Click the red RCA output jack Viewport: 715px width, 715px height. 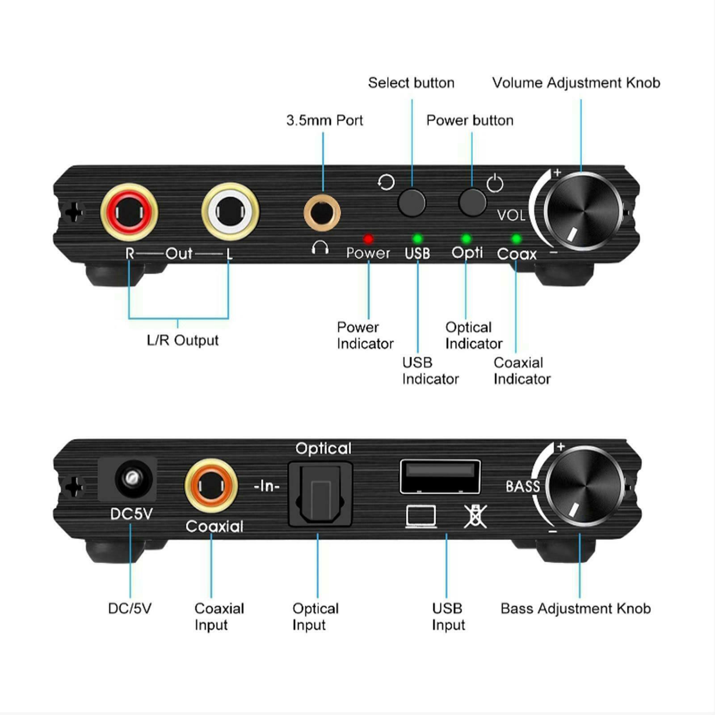click(x=129, y=212)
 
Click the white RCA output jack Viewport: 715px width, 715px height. click(x=230, y=212)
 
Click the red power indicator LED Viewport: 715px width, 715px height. click(x=368, y=239)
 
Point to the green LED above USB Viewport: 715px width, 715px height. click(x=417, y=238)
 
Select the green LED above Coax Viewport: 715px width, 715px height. click(x=516, y=239)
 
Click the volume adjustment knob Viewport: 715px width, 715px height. click(x=582, y=210)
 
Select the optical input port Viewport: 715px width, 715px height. click(x=320, y=494)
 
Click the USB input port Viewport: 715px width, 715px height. click(x=440, y=476)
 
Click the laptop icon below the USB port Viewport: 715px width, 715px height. click(x=421, y=516)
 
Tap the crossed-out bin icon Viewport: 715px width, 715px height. click(x=475, y=516)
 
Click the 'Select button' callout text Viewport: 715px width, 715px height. click(x=411, y=83)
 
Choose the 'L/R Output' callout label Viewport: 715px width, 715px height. click(x=182, y=340)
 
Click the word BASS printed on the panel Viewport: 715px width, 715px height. click(x=522, y=486)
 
